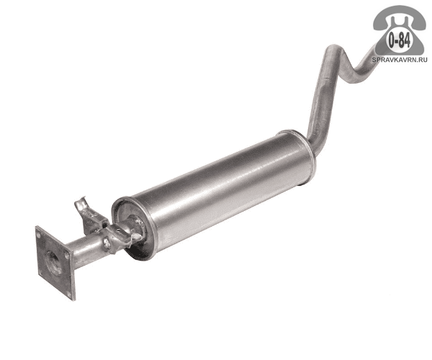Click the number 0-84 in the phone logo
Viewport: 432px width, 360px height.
[x=399, y=41]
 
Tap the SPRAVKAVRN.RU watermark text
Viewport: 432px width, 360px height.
[x=400, y=60]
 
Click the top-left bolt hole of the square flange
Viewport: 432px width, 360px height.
[x=39, y=235]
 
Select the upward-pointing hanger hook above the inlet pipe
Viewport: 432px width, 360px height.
[x=81, y=205]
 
